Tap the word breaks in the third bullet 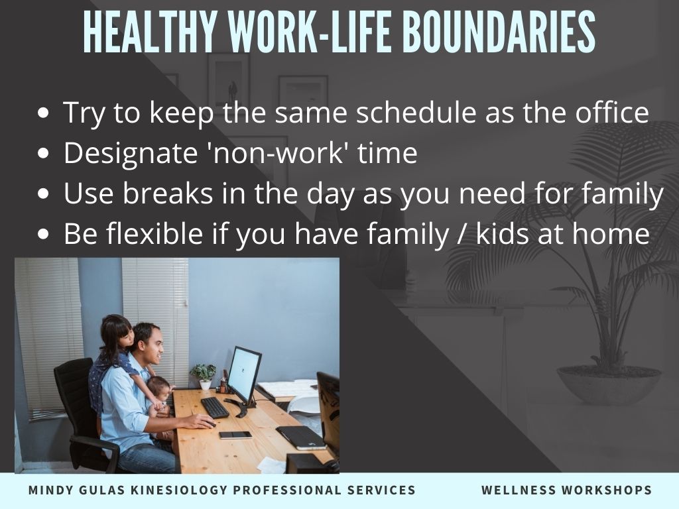pyautogui.click(x=168, y=193)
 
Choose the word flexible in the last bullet pyautogui.click(x=154, y=233)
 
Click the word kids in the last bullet pyautogui.click(x=503, y=233)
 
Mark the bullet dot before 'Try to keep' pyautogui.click(x=43, y=113)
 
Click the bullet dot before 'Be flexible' pyautogui.click(x=43, y=235)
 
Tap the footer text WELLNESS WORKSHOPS pyautogui.click(x=566, y=490)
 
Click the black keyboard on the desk pyautogui.click(x=215, y=408)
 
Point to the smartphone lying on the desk pyautogui.click(x=235, y=435)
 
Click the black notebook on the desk pyautogui.click(x=301, y=437)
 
